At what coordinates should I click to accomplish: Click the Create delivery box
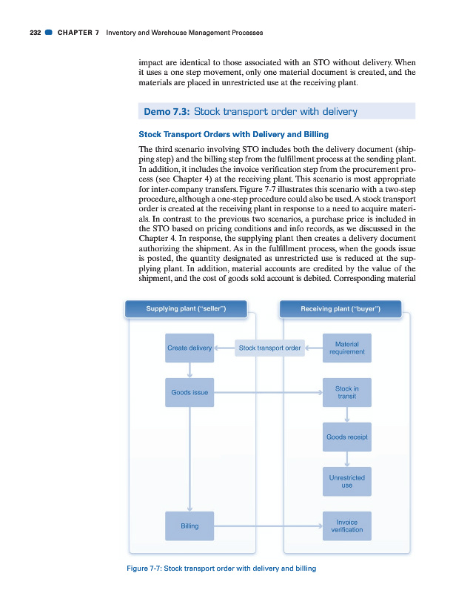coord(189,348)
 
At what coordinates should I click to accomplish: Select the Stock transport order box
coord(270,348)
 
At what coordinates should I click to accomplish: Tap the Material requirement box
coord(346,348)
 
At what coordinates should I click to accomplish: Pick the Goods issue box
coord(189,392)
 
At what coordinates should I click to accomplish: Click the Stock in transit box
coord(346,392)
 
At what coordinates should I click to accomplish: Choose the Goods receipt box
coord(346,437)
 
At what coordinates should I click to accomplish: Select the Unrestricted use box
coord(346,481)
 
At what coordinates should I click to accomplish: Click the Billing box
coord(189,526)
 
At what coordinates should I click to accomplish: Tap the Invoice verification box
coord(346,526)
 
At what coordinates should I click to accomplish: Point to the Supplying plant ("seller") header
coord(186,308)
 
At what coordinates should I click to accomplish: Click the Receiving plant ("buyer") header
coord(341,308)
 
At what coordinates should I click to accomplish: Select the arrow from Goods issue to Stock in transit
coord(269,392)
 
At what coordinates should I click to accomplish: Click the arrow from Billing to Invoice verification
coord(269,526)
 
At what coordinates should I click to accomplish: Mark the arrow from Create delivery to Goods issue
coord(190,370)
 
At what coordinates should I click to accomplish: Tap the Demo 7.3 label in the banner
coord(166,112)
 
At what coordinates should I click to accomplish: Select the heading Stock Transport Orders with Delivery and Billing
coord(234,134)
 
